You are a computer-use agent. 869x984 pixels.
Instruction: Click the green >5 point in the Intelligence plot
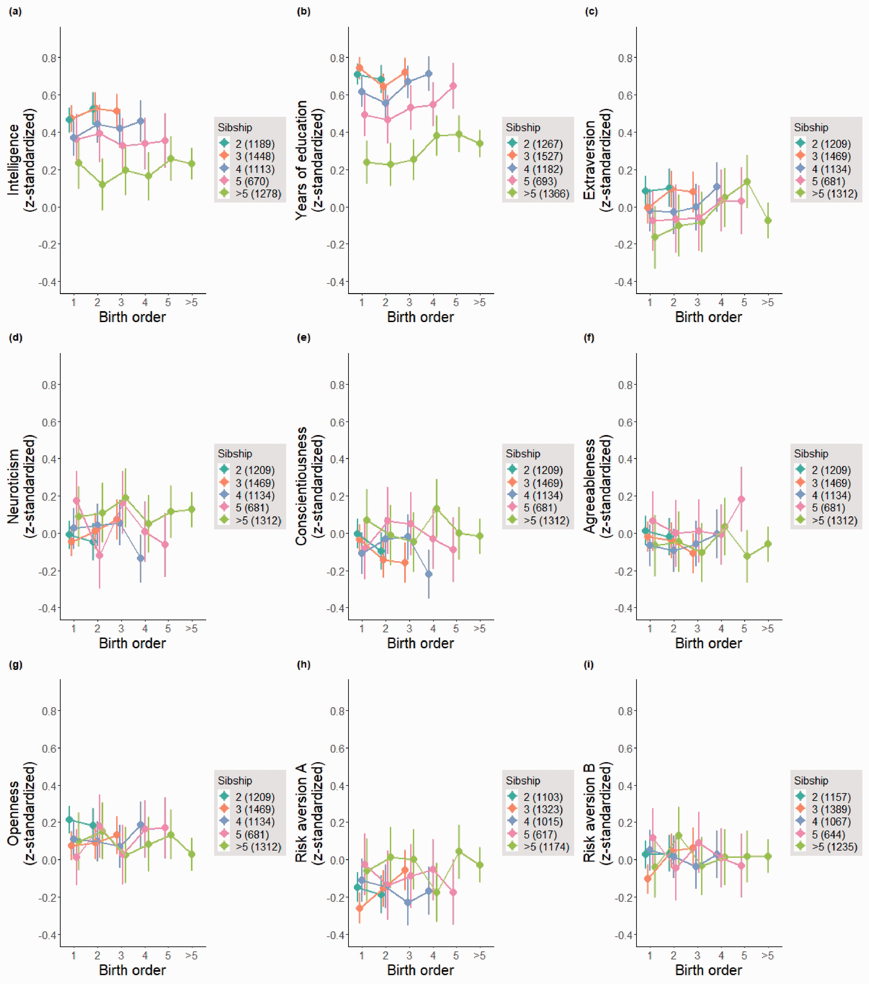[x=192, y=164]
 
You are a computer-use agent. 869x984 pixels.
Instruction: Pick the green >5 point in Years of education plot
[x=480, y=143]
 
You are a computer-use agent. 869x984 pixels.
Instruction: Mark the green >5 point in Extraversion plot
[x=768, y=220]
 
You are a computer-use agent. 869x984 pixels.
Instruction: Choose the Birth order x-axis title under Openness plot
[x=132, y=970]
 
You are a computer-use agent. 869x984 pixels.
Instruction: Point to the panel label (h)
[x=303, y=665]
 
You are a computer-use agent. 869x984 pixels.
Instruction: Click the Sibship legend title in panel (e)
[x=523, y=454]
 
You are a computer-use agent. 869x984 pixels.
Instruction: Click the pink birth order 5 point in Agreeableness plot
[x=741, y=499]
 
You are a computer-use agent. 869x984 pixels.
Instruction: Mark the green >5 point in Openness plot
[x=192, y=854]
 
